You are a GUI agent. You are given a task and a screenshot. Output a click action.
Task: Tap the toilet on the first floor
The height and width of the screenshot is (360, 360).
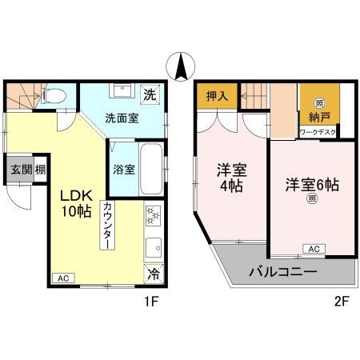[53, 96]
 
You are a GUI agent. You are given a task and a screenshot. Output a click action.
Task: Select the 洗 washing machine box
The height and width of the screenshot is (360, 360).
[150, 94]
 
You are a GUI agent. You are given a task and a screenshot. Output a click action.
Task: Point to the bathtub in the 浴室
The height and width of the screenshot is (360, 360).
[150, 169]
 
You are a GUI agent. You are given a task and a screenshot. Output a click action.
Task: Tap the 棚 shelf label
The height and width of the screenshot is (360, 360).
[39, 170]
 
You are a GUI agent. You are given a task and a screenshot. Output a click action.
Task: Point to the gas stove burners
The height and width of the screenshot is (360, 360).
[152, 216]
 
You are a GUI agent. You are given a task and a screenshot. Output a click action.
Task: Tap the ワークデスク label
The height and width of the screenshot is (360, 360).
[318, 132]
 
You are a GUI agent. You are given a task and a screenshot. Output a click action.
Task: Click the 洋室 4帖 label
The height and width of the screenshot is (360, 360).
[230, 178]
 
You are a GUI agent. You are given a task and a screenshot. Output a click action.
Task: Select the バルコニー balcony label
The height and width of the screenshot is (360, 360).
[282, 272]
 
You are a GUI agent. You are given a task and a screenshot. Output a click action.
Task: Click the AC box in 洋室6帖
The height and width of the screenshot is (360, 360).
[314, 249]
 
